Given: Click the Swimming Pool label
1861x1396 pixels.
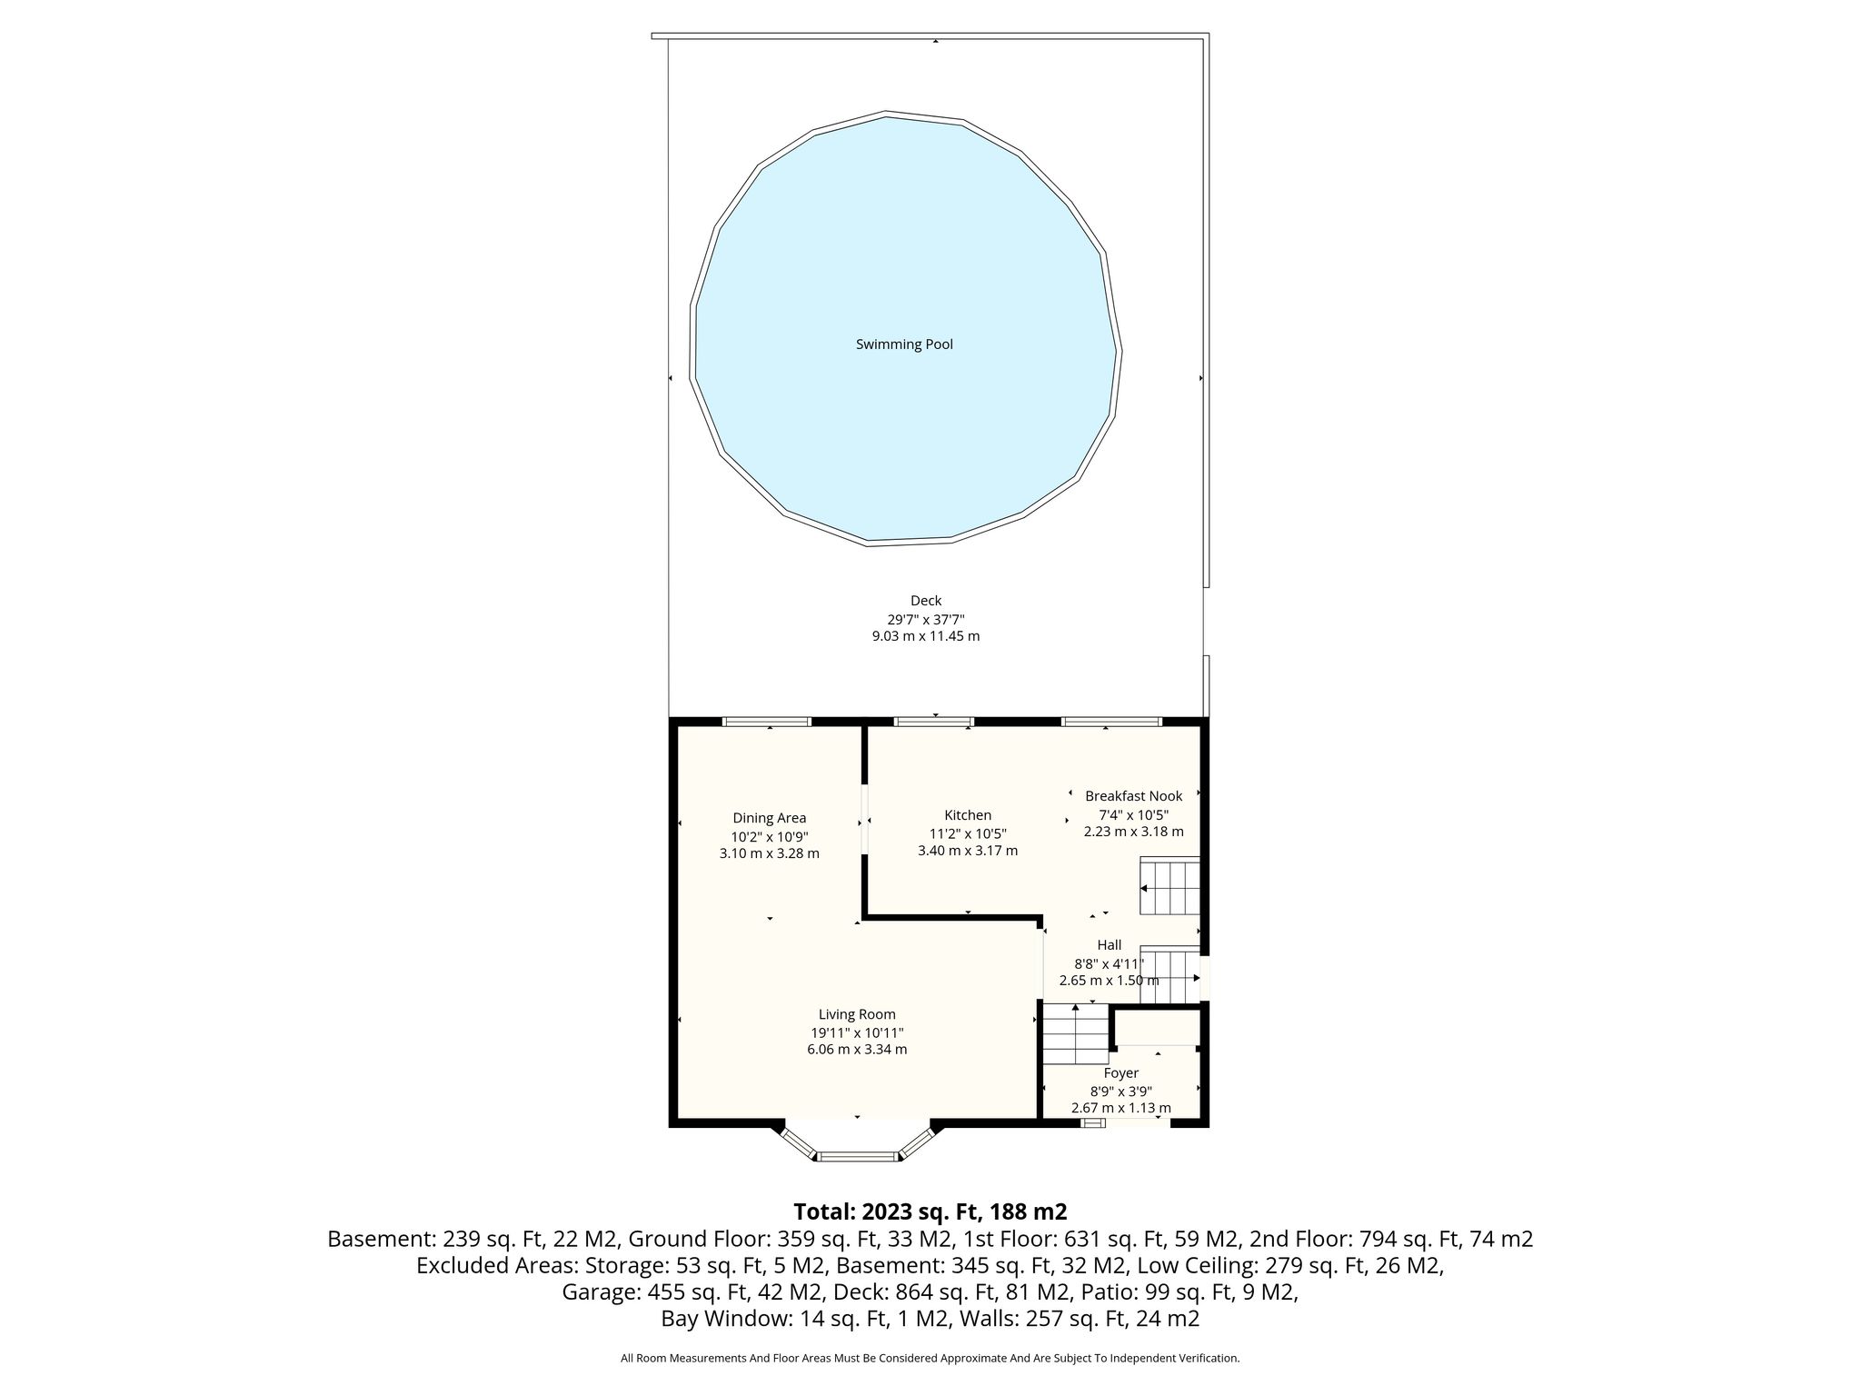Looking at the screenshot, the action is [904, 344].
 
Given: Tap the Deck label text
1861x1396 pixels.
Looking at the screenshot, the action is [926, 601].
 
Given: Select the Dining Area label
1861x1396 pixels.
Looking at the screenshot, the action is [770, 818].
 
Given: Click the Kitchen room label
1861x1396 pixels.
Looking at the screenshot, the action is [968, 815].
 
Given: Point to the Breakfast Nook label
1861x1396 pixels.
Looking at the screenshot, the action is [1134, 796].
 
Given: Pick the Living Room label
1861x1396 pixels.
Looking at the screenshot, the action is [857, 1014].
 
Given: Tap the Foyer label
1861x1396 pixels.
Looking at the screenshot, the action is [1120, 1073].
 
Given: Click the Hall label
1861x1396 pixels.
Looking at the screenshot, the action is [1110, 945].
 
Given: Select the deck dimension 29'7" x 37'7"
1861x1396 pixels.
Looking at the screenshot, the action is [926, 619].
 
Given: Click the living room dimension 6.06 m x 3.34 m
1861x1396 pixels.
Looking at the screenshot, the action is [857, 1050].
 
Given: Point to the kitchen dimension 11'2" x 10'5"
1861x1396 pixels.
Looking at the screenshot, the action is [968, 833].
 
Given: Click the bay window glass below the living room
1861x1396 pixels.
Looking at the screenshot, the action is [857, 1156].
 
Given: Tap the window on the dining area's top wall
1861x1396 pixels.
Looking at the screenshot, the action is [766, 722].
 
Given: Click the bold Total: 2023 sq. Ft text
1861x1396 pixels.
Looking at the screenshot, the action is [930, 1212].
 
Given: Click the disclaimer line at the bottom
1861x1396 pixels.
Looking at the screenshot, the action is [930, 1359].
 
